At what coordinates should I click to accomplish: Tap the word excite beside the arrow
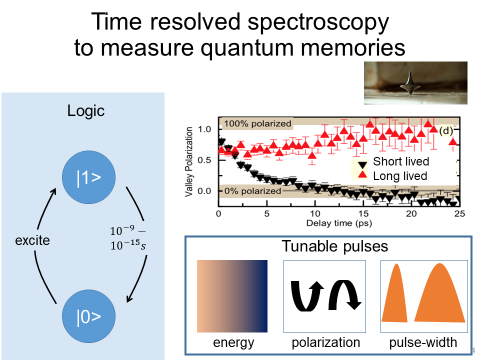coord(32,240)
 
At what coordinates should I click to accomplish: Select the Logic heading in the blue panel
coord(86,110)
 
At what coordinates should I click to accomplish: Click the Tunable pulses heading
coord(335,246)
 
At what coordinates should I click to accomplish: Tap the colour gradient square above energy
coord(232,296)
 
